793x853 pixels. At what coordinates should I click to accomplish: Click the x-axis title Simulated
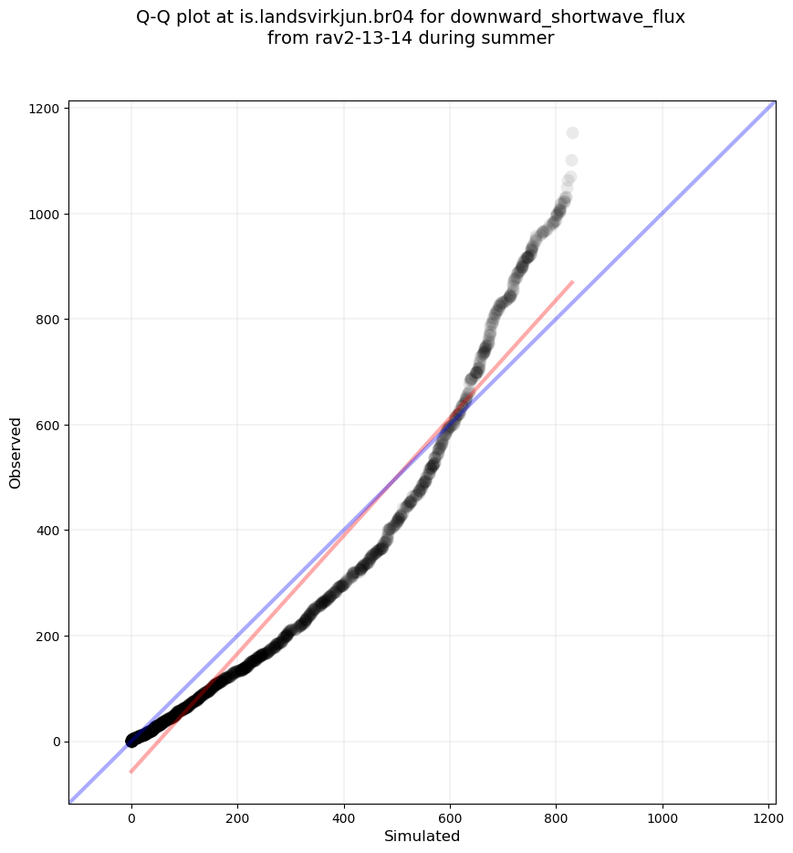(422, 836)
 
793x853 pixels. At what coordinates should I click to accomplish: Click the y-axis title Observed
(16, 452)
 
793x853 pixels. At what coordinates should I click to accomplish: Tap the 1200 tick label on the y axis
(44, 109)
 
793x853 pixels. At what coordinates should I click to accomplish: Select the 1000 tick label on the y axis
(44, 214)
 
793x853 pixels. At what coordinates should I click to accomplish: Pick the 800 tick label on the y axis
(47, 320)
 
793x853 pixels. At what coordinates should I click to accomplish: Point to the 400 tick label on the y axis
(47, 531)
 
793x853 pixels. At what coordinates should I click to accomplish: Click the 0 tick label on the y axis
(56, 742)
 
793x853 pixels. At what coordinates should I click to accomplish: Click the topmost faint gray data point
(572, 133)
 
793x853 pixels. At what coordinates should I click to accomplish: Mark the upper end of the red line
(572, 282)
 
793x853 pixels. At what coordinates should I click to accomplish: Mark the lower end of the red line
(130, 772)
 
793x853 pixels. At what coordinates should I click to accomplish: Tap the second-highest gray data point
(571, 161)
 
